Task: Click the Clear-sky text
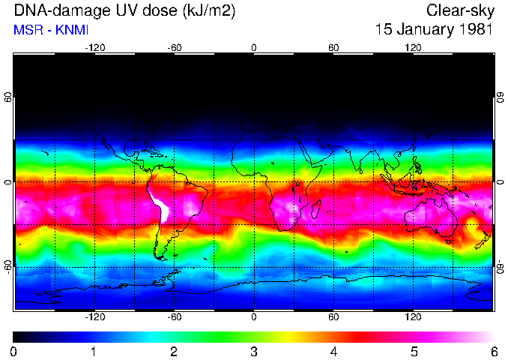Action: point(459,11)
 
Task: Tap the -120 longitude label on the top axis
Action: point(94,47)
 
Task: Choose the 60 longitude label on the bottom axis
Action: point(333,316)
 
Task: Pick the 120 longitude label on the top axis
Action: point(413,47)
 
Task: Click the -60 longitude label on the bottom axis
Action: point(174,316)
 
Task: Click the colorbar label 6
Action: point(493,351)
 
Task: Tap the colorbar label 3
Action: point(253,351)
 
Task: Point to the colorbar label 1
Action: point(94,351)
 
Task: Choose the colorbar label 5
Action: point(414,351)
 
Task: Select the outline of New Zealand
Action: point(483,240)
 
